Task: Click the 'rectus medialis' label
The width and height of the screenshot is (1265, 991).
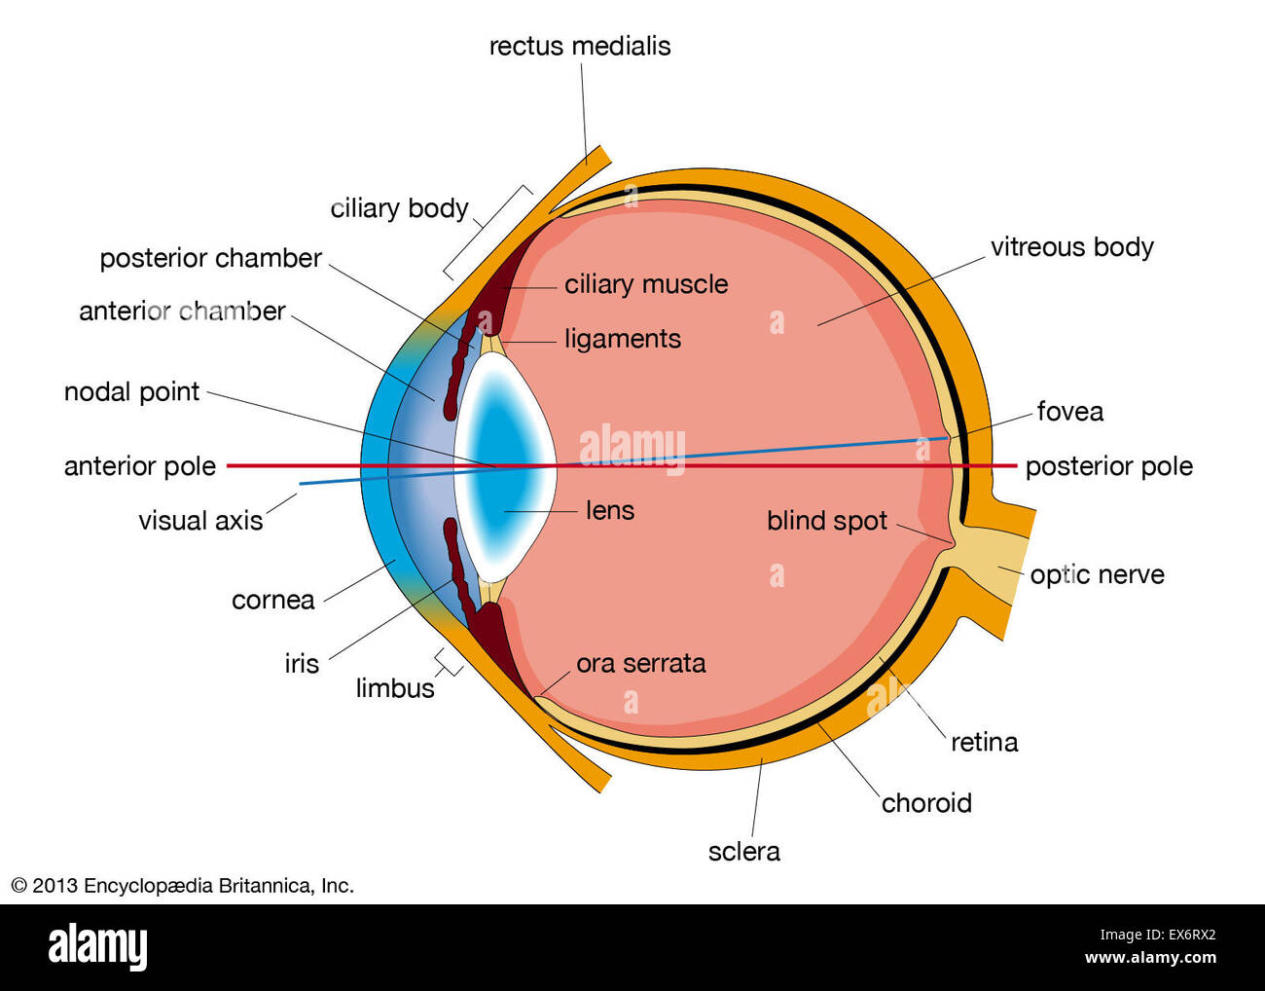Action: (579, 46)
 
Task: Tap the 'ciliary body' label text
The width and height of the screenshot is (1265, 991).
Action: (399, 208)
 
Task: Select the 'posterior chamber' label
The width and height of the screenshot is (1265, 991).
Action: (210, 258)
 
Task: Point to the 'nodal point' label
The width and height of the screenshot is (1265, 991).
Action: (131, 391)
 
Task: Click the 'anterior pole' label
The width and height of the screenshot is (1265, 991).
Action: (139, 466)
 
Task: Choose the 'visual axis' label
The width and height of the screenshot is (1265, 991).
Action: (200, 521)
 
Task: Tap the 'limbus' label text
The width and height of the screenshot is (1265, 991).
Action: (394, 688)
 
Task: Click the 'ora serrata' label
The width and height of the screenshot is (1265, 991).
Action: (640, 663)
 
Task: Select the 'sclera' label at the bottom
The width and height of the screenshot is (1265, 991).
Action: (743, 852)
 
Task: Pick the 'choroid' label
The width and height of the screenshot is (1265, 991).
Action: (926, 803)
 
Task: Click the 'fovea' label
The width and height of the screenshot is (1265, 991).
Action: (1069, 412)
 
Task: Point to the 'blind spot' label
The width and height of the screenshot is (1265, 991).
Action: (826, 521)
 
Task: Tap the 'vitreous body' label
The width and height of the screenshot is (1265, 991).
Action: (1071, 247)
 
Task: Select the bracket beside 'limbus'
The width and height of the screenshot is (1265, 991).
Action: (448, 663)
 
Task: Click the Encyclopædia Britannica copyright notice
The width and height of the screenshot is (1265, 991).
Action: (182, 886)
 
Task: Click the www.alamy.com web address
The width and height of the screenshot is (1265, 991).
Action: (1150, 958)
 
